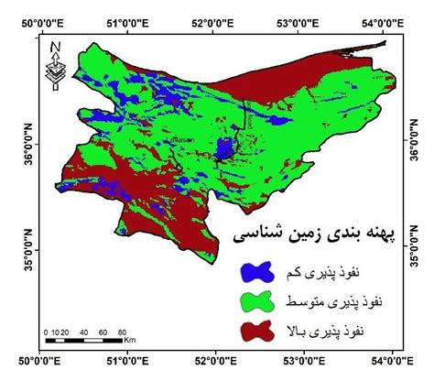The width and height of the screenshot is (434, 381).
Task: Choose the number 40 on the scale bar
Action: [x=83, y=330]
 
